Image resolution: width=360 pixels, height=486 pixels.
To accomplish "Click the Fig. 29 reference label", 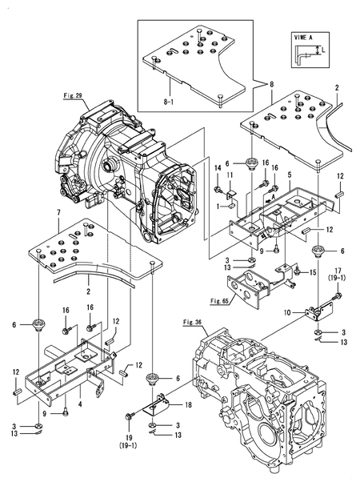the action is [73, 96].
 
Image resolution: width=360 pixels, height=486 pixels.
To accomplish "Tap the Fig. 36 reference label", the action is [192, 323].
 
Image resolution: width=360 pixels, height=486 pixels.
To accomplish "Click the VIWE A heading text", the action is [303, 38].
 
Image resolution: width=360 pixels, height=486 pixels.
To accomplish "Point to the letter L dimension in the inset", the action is [324, 50].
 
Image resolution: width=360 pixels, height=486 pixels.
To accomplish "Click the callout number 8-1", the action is [168, 102].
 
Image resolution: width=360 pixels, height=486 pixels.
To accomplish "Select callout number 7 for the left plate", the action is [59, 213].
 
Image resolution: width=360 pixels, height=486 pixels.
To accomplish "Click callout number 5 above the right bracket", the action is [289, 175].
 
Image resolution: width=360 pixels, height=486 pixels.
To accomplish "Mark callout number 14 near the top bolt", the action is [218, 167].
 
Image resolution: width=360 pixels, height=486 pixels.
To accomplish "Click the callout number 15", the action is [314, 272].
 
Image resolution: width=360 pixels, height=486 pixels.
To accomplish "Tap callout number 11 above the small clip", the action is [230, 175].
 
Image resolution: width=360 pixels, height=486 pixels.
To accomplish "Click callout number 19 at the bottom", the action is [129, 438].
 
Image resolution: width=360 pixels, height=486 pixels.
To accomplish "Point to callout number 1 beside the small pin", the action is [226, 206].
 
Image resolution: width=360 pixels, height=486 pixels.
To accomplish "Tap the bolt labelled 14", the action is [218, 189].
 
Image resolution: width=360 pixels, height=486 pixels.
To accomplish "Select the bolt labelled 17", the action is [337, 295].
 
